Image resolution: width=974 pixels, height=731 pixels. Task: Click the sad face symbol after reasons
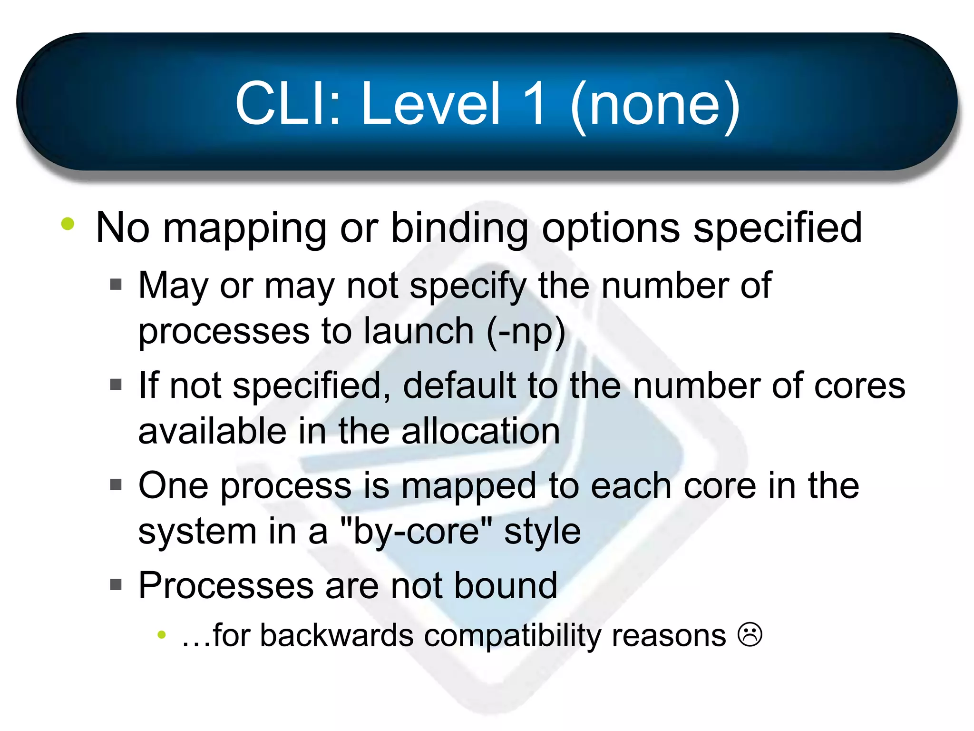point(750,635)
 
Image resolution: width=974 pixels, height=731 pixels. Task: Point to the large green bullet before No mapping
point(68,224)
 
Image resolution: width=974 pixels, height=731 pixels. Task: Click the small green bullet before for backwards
point(162,634)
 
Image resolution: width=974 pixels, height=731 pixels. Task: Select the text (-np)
point(526,331)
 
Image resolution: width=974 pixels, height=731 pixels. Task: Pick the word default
point(459,385)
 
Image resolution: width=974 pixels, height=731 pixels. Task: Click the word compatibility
point(513,636)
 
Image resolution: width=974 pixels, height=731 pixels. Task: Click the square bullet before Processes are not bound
point(116,584)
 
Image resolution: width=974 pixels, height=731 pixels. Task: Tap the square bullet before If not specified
point(116,384)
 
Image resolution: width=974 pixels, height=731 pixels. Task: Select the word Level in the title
point(430,104)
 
